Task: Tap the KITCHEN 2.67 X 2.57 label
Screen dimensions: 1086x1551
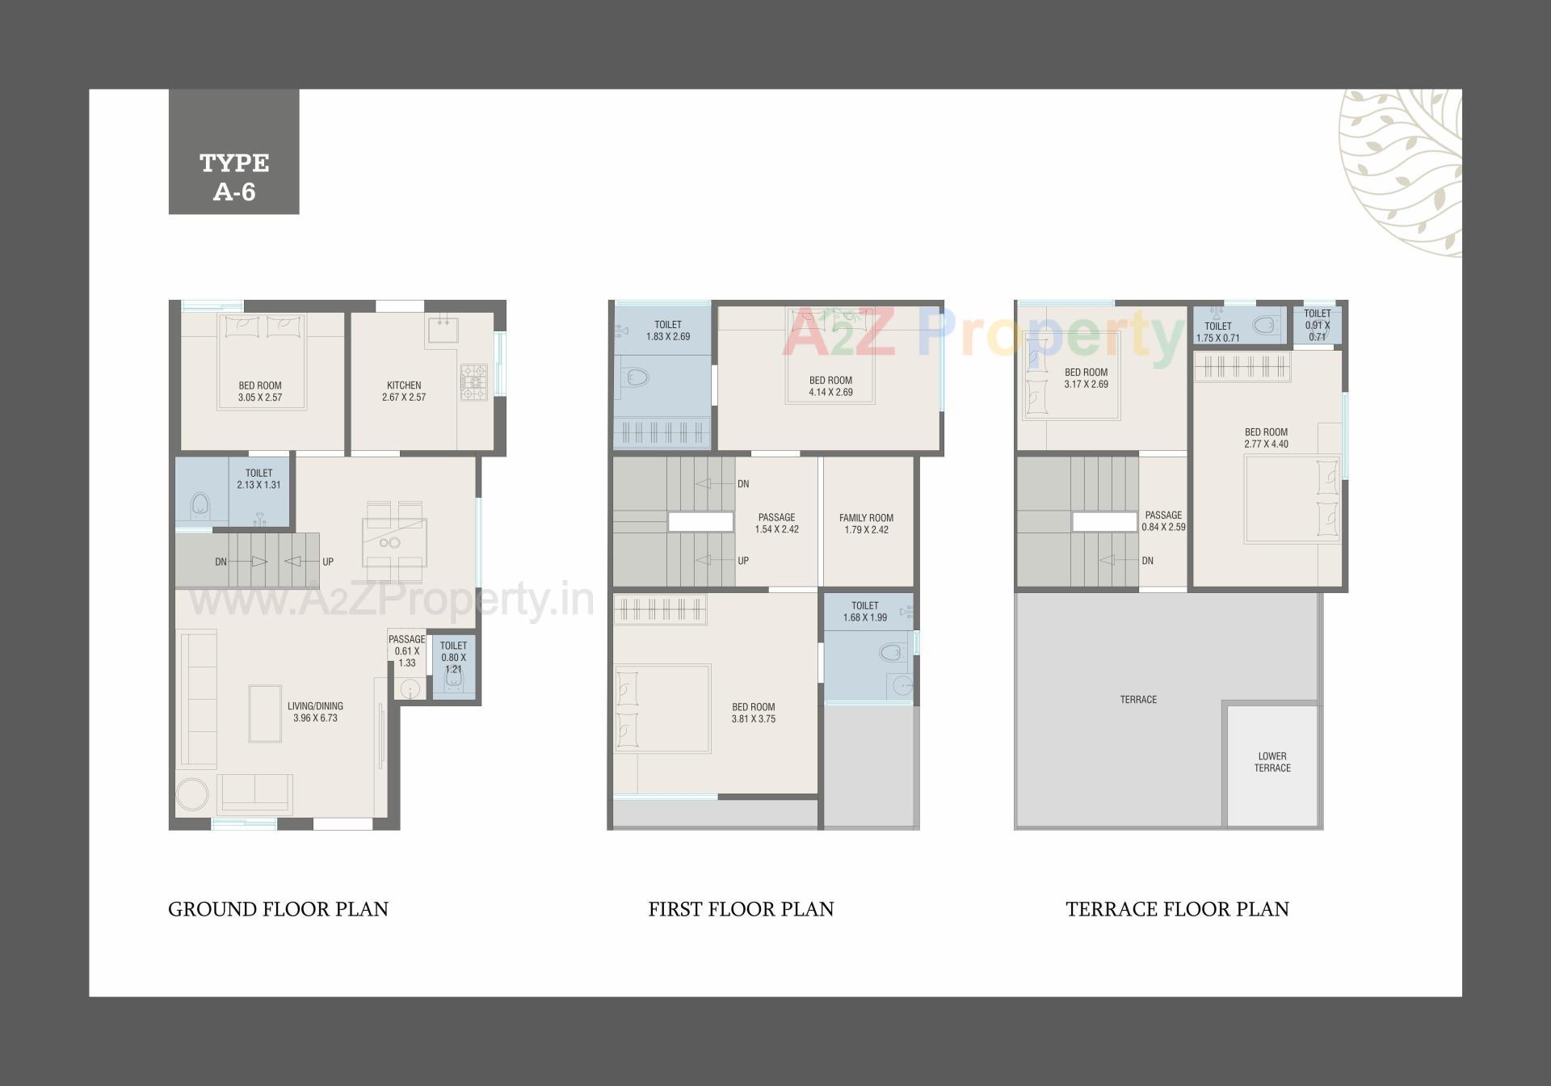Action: [404, 391]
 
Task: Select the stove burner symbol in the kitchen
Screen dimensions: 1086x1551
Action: [473, 383]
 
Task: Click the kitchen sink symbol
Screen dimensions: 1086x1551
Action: [443, 330]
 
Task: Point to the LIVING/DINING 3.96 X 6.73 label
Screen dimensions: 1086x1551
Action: [315, 712]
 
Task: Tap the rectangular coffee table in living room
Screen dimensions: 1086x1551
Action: [264, 713]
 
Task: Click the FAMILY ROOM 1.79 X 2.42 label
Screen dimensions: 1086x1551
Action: [866, 524]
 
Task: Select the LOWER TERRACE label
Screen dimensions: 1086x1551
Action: [1271, 762]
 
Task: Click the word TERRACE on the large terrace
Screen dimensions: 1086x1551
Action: [1138, 700]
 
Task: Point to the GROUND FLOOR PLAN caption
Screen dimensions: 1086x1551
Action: [278, 909]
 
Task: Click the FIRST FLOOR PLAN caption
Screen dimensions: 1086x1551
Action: [741, 909]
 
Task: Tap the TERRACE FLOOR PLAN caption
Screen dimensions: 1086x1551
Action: [1177, 909]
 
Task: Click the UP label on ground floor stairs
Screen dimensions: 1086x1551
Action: [328, 562]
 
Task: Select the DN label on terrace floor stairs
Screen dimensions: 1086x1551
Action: [1147, 561]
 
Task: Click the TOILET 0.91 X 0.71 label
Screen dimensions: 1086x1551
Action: [1317, 325]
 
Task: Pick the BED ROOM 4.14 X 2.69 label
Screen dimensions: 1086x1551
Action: [830, 386]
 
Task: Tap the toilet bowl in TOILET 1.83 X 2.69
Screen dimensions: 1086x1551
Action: [637, 377]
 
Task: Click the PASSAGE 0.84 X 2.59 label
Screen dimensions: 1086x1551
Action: [1163, 520]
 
